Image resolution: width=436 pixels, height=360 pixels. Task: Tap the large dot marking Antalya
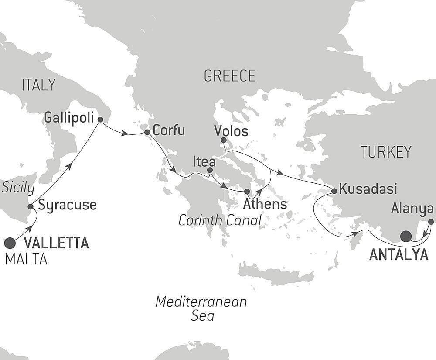click(x=406, y=236)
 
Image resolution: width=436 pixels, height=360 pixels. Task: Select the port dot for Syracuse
click(x=31, y=206)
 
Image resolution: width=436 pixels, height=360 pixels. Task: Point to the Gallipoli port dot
click(x=100, y=119)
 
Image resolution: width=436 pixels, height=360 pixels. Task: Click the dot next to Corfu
click(x=147, y=131)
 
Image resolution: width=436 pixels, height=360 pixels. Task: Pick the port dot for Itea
click(x=210, y=170)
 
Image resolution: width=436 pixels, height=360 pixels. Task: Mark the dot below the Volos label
click(x=223, y=140)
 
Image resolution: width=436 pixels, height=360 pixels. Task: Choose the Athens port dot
click(x=247, y=191)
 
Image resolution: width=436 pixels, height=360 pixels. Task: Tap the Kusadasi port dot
click(x=334, y=191)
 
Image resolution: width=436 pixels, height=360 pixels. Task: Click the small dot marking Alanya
click(x=431, y=222)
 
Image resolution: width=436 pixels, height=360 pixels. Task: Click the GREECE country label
click(x=229, y=76)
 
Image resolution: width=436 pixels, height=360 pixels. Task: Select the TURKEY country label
click(x=386, y=152)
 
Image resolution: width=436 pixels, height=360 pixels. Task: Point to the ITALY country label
click(x=38, y=85)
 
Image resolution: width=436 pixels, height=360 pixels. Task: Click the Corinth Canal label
click(x=220, y=220)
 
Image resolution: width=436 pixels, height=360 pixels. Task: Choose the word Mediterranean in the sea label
click(x=201, y=302)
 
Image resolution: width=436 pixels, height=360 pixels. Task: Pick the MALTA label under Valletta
click(x=26, y=260)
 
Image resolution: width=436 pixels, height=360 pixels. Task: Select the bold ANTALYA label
click(x=399, y=255)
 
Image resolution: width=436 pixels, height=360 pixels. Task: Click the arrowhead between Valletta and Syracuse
click(x=31, y=228)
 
